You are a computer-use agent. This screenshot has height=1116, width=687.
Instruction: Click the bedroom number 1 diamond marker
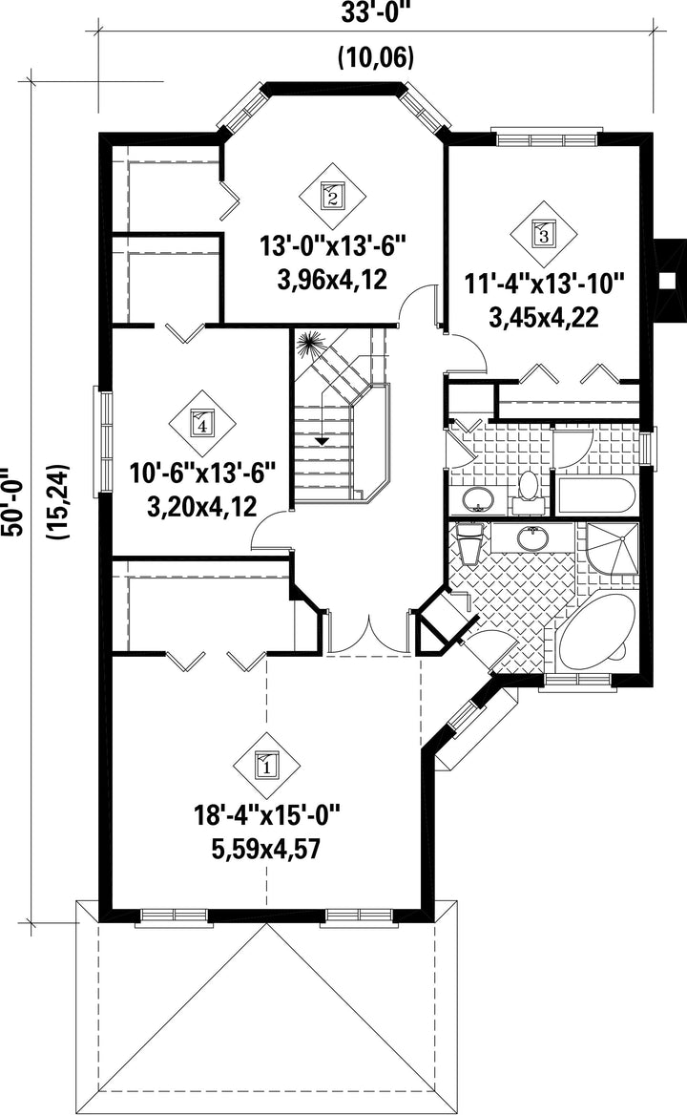click(267, 766)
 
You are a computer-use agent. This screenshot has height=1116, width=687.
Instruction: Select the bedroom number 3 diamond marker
click(544, 233)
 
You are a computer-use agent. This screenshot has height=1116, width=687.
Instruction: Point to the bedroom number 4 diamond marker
click(202, 424)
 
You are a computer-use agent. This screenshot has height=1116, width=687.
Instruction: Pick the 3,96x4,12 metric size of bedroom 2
click(332, 279)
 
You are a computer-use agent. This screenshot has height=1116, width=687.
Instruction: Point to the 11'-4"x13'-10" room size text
click(544, 284)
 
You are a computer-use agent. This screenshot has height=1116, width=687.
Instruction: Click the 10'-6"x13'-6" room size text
click(202, 473)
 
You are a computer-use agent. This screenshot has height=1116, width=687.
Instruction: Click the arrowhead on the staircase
click(323, 441)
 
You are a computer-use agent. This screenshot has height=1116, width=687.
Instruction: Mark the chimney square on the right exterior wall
click(668, 281)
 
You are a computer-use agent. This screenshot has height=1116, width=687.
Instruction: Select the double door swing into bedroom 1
click(370, 636)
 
